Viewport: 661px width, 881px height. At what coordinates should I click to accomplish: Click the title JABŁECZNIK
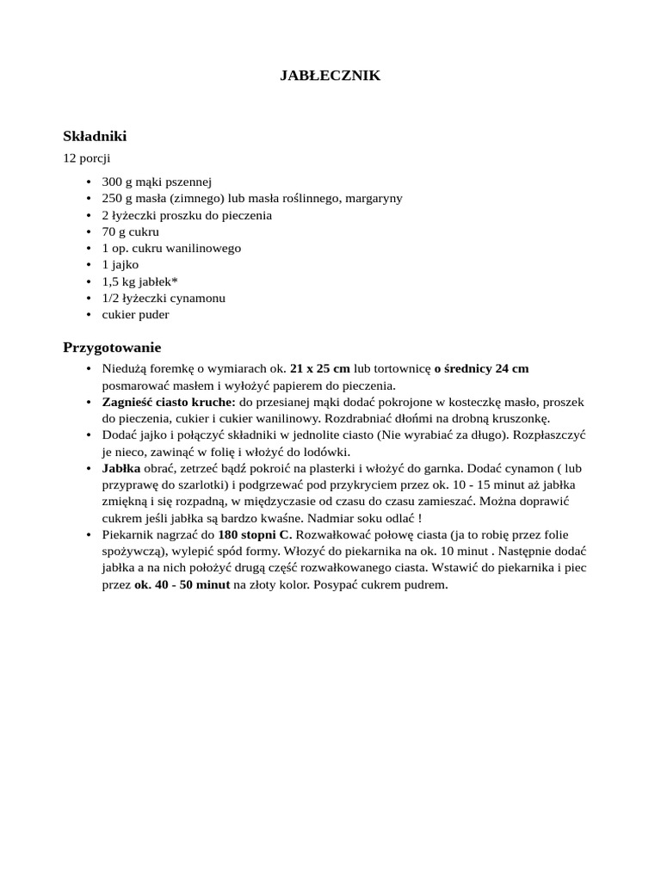[330, 77]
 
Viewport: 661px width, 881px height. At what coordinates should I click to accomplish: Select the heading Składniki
[95, 136]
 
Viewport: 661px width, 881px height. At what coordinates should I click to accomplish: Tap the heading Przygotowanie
[112, 348]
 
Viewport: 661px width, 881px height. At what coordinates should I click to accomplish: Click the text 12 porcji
[87, 158]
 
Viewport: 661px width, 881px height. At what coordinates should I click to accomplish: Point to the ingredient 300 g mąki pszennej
[156, 182]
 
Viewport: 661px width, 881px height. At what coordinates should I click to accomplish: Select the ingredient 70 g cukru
[130, 231]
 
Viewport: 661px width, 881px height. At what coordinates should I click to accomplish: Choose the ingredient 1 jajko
[120, 265]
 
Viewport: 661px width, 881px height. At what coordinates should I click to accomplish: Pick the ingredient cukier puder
[135, 315]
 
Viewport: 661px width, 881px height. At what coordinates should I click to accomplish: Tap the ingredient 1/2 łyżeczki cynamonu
[163, 298]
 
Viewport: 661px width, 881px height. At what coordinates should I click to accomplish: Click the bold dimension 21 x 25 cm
[319, 369]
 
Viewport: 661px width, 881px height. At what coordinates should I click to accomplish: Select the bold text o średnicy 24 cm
[481, 369]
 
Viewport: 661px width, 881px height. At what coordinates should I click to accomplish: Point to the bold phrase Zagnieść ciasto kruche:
[169, 402]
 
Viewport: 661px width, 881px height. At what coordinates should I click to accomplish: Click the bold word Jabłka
[120, 469]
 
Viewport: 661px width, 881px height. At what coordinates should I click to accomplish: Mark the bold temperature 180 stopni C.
[255, 535]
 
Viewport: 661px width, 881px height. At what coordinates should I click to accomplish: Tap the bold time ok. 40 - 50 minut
[182, 585]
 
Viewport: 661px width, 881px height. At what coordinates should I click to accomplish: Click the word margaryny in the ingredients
[374, 199]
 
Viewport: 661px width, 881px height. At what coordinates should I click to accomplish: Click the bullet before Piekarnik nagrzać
[90, 535]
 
